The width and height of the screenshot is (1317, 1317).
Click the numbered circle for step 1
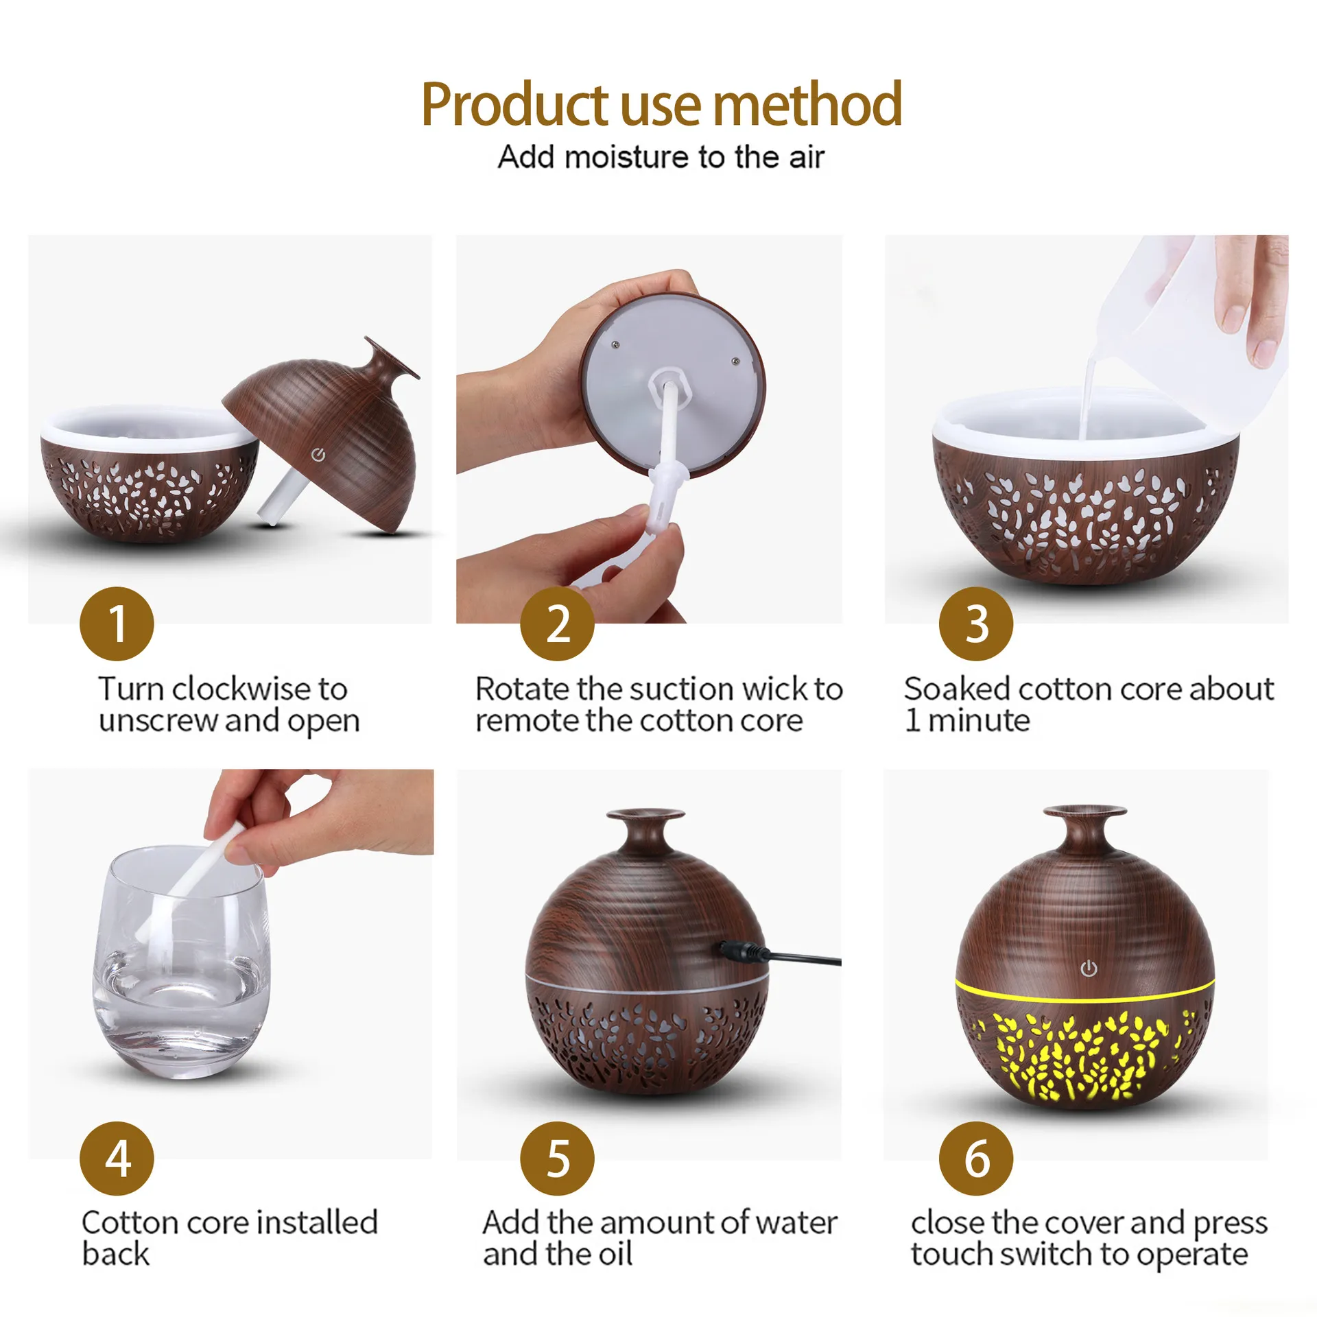coord(117,624)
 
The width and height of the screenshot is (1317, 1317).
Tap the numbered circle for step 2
coord(557,624)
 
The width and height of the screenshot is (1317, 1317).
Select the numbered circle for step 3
coord(976,624)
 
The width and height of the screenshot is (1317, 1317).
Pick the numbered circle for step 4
coord(117,1159)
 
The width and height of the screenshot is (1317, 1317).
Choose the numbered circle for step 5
coord(557,1159)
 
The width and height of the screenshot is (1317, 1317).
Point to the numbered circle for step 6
coord(976,1159)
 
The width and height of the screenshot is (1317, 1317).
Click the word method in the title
coord(807,104)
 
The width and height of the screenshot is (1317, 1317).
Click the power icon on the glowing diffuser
coord(1089,969)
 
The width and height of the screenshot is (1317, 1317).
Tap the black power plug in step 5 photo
coord(744,951)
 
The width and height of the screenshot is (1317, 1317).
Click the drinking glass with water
coord(180,962)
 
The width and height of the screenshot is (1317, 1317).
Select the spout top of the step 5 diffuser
coord(646,815)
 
